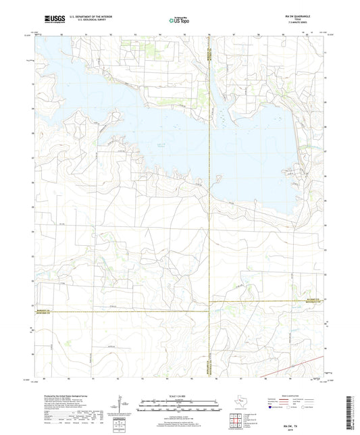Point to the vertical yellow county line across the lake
[210, 135]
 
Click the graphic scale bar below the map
[179, 407]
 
